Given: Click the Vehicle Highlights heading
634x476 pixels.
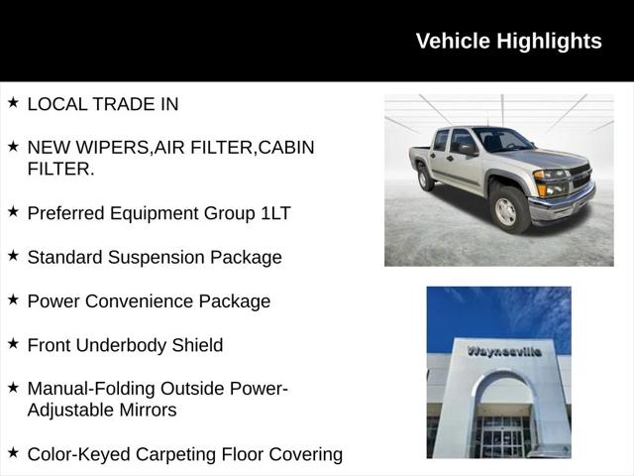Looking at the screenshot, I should [x=508, y=41].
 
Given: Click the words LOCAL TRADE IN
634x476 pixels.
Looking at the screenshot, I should [x=103, y=103].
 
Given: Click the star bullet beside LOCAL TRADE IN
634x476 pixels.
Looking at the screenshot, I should [x=13, y=102].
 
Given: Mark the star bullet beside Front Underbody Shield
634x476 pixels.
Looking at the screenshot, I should [x=13, y=344].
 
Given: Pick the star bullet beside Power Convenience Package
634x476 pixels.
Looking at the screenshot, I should [x=13, y=299].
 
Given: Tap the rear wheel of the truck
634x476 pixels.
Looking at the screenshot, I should [x=426, y=178].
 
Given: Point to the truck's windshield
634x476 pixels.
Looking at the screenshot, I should [x=501, y=139].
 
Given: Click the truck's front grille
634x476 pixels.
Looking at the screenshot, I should [x=581, y=178].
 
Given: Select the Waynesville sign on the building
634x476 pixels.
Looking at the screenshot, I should [x=504, y=351].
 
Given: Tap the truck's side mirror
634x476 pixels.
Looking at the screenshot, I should [x=468, y=150].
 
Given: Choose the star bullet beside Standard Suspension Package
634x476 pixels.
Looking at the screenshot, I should [x=13, y=256].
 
